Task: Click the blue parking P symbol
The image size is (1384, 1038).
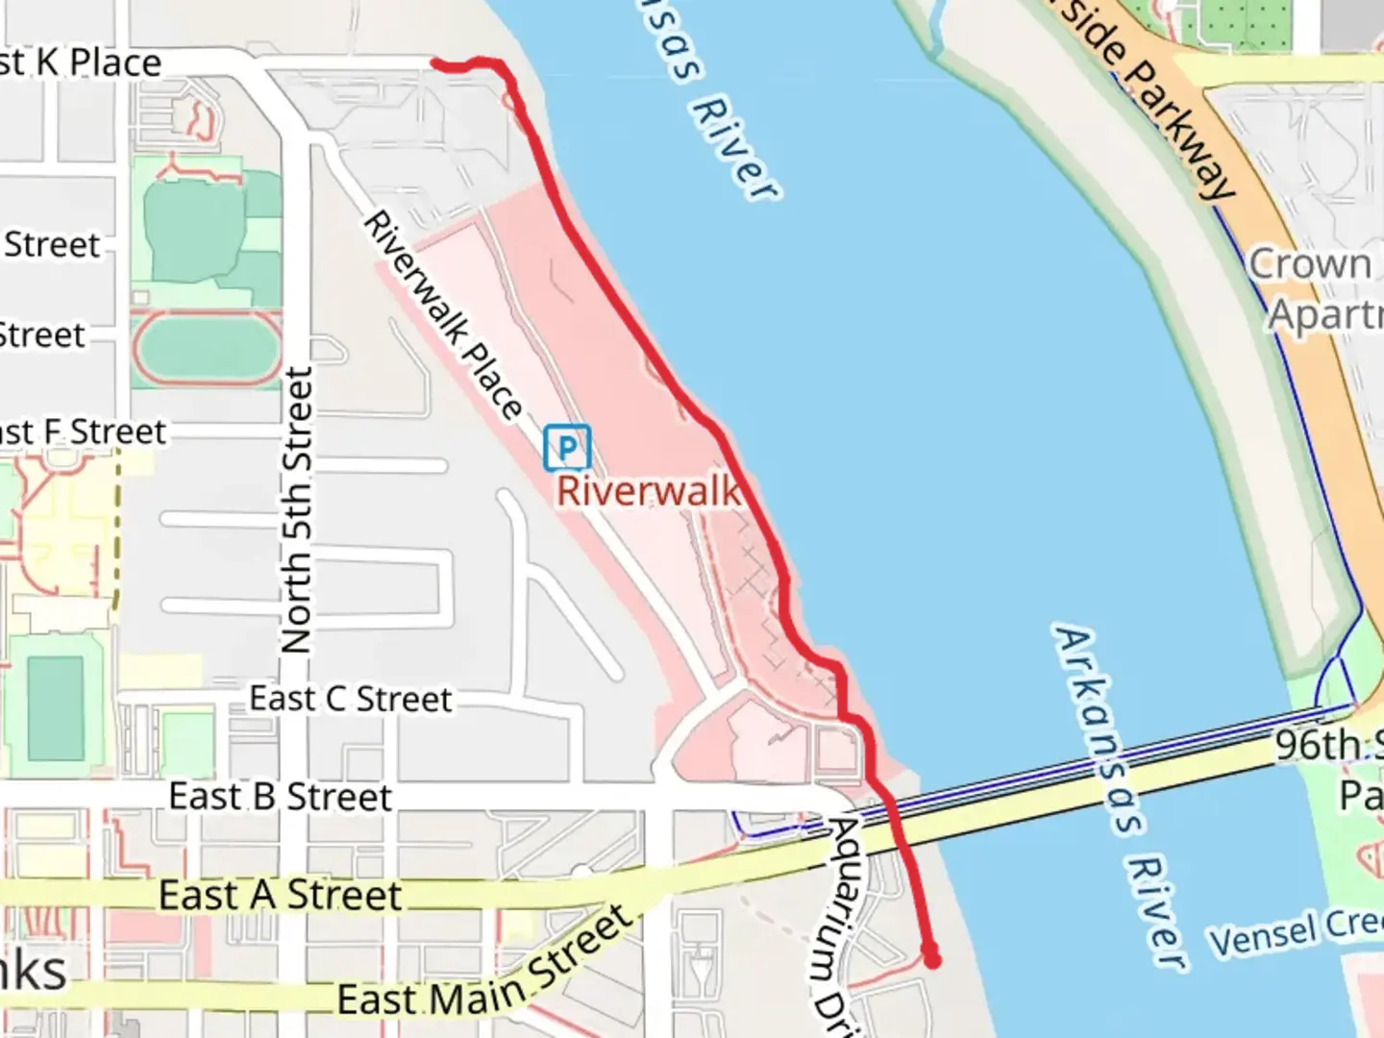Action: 567,448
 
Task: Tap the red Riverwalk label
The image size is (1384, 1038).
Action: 649,491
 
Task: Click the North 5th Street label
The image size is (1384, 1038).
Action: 297,509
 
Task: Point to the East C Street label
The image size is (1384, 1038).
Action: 350,699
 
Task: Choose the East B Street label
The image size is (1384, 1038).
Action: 280,797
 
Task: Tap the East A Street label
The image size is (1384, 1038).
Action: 280,895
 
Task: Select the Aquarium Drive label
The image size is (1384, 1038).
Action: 832,923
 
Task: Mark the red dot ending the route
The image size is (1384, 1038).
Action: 931,958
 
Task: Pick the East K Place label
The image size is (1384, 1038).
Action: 81,63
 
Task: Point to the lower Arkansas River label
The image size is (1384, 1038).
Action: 1115,798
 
